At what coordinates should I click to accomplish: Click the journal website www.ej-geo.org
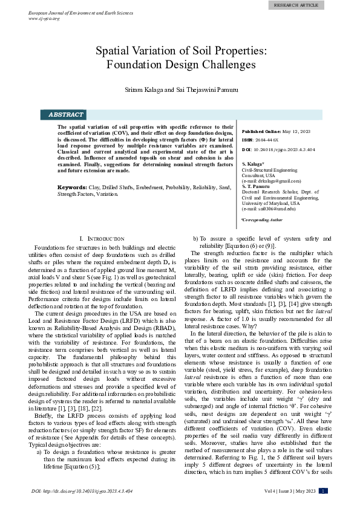click(x=44, y=19)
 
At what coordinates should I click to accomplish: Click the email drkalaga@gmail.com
click(x=264, y=181)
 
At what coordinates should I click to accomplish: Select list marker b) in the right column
click(x=195, y=239)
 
